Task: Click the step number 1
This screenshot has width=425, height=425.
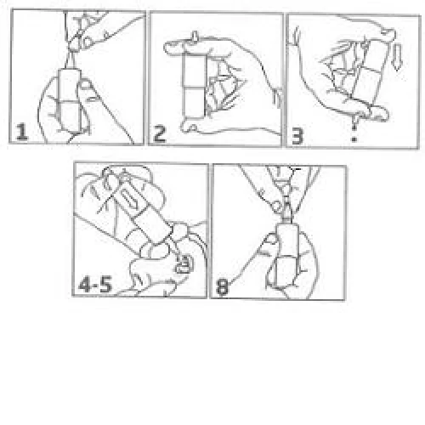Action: (x=22, y=132)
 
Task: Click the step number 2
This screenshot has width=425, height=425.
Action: (x=160, y=133)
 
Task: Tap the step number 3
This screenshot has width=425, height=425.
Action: (x=297, y=136)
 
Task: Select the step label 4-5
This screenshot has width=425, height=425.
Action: (x=95, y=285)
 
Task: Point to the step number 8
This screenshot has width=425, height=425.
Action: (x=222, y=286)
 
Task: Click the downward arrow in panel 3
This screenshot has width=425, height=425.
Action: (x=397, y=57)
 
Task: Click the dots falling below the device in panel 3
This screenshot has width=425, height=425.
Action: (x=354, y=130)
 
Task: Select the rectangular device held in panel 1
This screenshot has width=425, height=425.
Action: (x=70, y=99)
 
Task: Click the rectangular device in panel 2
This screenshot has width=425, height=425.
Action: (x=195, y=86)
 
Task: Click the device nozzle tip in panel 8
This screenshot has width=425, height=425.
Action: (x=286, y=207)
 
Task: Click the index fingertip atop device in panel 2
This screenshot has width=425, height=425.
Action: (x=173, y=47)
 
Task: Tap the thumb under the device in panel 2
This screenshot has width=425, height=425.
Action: (x=190, y=126)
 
